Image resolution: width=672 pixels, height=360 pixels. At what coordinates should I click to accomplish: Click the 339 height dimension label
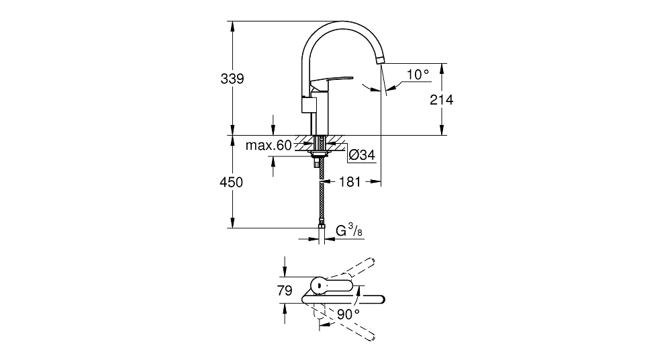tap(232, 79)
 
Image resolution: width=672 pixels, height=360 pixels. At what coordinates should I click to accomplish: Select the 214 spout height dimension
tap(442, 100)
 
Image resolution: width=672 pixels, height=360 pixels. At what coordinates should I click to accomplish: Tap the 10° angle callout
tap(418, 75)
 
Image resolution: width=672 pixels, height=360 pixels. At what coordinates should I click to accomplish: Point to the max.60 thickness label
tap(269, 146)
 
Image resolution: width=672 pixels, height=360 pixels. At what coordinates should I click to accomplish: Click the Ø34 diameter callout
tap(362, 155)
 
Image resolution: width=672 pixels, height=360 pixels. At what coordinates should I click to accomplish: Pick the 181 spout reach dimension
tap(350, 182)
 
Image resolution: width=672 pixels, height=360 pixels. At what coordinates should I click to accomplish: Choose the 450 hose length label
tap(231, 183)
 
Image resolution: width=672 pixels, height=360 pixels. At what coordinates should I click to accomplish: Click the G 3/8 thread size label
tap(349, 232)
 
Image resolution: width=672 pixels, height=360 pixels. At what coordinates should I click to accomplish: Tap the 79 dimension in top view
tap(285, 291)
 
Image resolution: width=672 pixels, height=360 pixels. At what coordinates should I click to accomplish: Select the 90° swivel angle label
tap(348, 315)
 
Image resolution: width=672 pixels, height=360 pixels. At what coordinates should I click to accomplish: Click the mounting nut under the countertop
tap(320, 153)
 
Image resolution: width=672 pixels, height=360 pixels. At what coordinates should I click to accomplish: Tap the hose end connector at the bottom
tap(321, 224)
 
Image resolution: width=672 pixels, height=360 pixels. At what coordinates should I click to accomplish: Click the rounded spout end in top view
tap(381, 300)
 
